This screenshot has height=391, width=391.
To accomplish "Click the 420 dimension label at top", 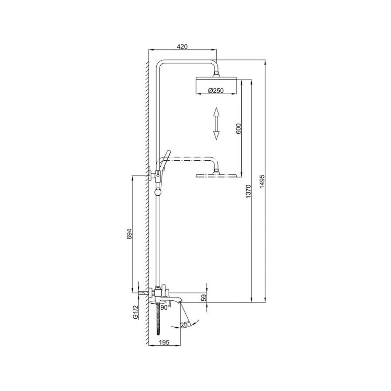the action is coord(182,47).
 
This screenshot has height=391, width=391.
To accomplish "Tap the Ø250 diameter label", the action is coord(216,91).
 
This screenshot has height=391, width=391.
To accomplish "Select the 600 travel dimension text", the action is coord(239,129).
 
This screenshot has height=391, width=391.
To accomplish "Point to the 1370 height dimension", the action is coord(248,192).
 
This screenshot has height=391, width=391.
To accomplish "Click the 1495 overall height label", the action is coord(262,181).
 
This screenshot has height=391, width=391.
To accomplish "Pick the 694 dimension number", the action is coord(129,234).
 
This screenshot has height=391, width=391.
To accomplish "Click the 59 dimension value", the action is coord(204,298).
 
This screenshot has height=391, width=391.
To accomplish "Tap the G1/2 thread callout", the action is coord(135,312).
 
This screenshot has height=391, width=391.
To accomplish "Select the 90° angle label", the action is coord(165,307).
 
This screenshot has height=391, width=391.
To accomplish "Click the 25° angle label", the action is coord(185,325).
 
